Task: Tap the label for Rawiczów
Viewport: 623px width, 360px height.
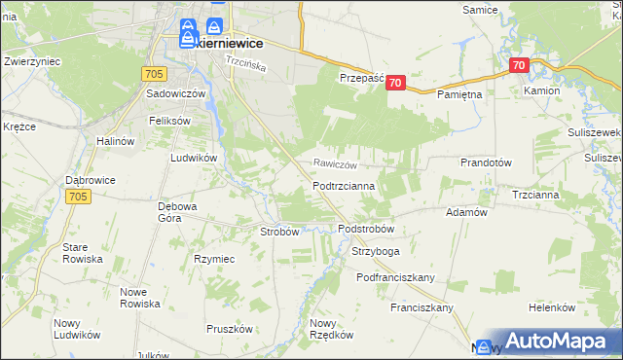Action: click(x=335, y=164)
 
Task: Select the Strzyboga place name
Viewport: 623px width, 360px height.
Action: click(x=376, y=251)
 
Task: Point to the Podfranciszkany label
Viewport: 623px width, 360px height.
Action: click(x=395, y=277)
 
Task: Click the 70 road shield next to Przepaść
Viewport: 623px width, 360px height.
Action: click(x=394, y=84)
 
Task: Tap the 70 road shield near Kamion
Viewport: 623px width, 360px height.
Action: click(x=518, y=66)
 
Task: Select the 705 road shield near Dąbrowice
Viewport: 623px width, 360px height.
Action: click(x=79, y=197)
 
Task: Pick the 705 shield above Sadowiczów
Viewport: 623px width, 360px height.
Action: click(x=153, y=73)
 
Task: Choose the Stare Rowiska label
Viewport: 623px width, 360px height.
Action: click(x=82, y=253)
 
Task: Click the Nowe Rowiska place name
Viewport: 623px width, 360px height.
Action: click(x=139, y=298)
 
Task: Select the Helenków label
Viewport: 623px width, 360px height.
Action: click(x=553, y=306)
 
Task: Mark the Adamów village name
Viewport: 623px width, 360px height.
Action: click(x=465, y=211)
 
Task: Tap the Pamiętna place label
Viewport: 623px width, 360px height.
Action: click(x=460, y=96)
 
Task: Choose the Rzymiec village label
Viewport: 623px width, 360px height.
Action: click(x=214, y=259)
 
